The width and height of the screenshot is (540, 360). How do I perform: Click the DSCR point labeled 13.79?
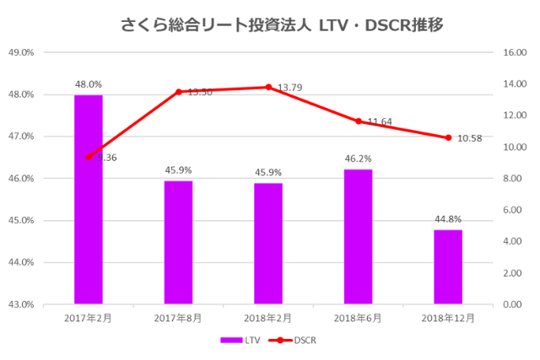pos(268,87)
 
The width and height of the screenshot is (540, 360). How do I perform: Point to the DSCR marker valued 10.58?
pos(448,137)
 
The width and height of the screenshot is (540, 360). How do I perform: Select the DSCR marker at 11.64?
pos(359,121)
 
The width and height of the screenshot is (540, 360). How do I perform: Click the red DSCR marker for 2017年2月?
pos(89,157)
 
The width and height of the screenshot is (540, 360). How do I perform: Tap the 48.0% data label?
pos(89,84)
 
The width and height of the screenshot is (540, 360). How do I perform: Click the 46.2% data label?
pos(359,159)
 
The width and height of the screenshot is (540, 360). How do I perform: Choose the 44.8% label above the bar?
pos(448,218)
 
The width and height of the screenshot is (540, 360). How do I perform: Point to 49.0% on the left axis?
pos(20,52)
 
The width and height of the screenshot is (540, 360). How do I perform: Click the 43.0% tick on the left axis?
pos(20,304)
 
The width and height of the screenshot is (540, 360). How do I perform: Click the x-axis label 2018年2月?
pos(268,319)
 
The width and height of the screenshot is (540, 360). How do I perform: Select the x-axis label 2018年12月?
pos(448,319)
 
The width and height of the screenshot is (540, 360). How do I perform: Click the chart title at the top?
pos(270,24)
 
